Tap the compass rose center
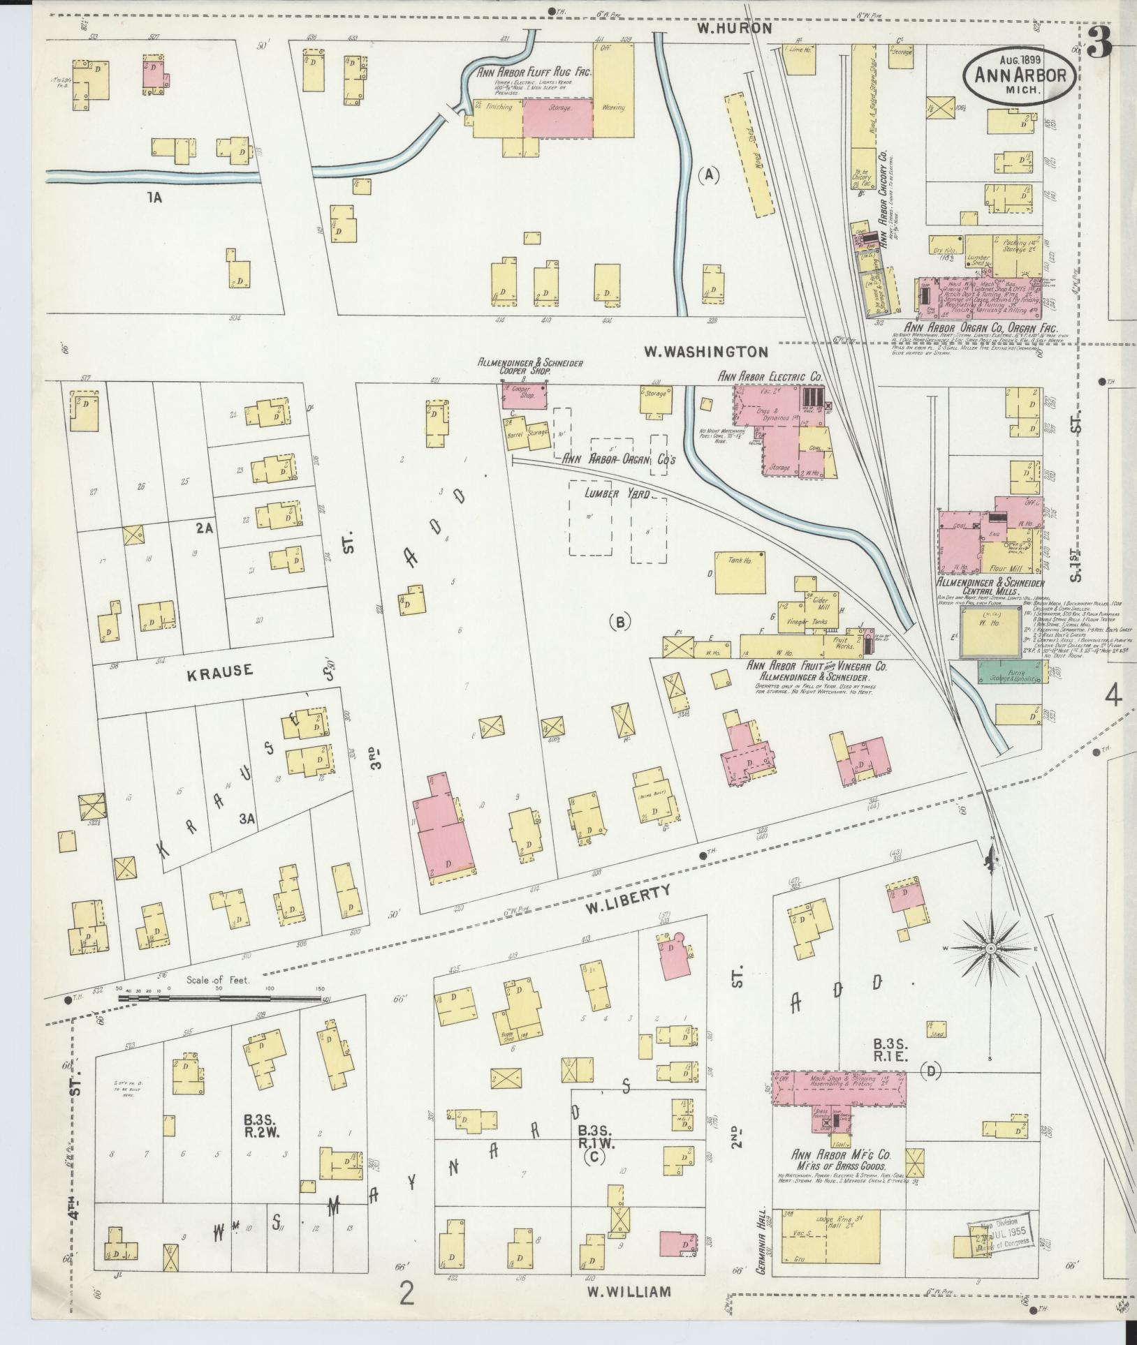[x=990, y=950]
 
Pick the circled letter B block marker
[x=619, y=622]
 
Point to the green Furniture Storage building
[x=1013, y=671]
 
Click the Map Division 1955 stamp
[x=999, y=1242]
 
